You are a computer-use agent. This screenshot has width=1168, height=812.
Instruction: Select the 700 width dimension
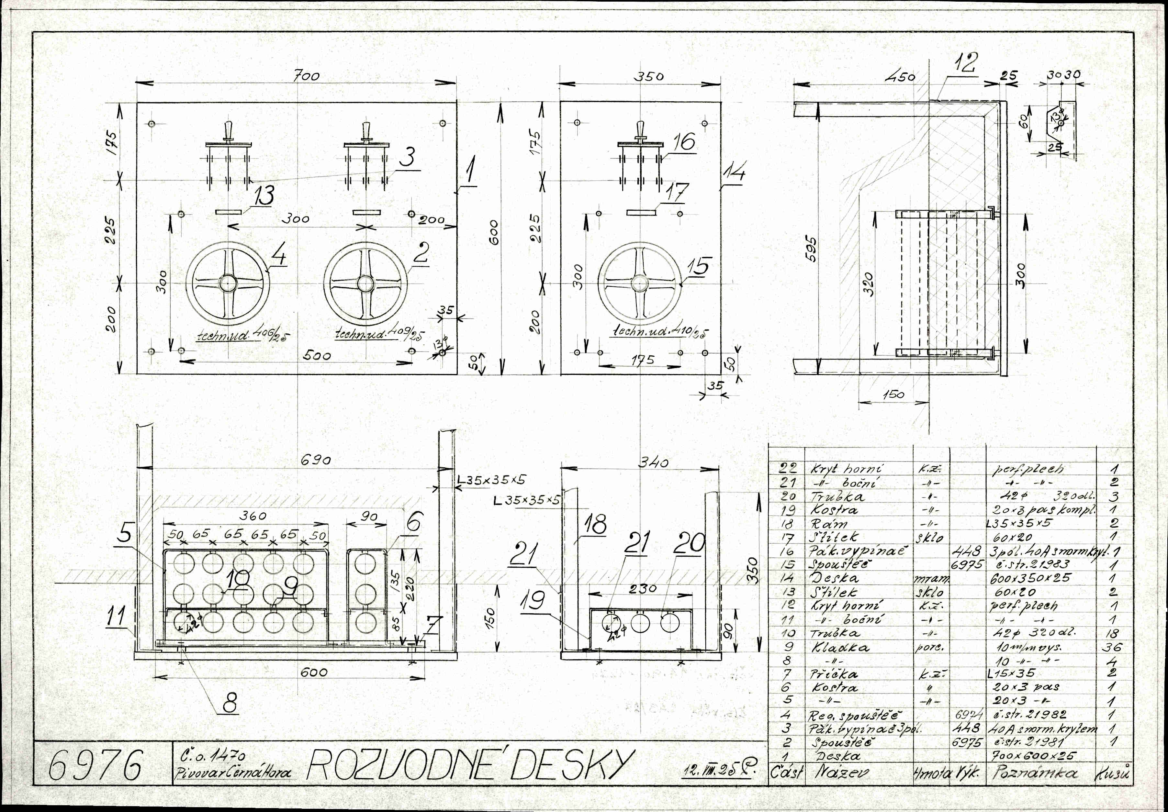pos(307,76)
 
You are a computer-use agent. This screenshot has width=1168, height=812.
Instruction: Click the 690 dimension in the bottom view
pos(315,460)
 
